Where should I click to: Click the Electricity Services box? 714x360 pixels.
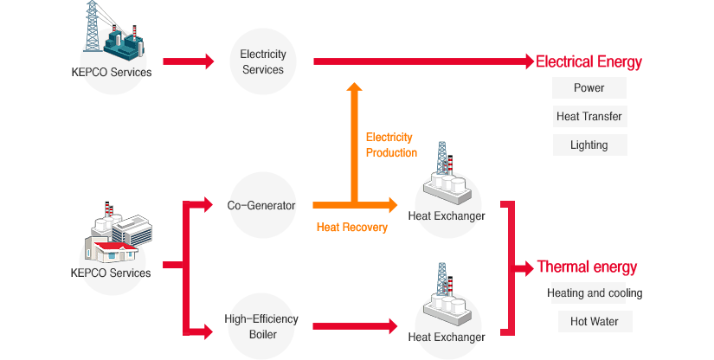coord(262,61)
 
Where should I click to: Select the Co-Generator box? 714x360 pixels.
coord(262,206)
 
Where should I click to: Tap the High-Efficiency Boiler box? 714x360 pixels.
coord(262,326)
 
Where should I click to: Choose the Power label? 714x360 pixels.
coord(589,87)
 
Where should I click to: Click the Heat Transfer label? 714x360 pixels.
coord(589,116)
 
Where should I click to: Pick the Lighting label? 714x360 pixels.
coord(589,145)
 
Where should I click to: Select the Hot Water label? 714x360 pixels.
coord(594,322)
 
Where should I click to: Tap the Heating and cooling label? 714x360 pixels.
coord(594,293)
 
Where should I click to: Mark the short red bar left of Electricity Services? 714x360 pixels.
coord(188,61)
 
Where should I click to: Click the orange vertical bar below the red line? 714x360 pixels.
coord(354,138)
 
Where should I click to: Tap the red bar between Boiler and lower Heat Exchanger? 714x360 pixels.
coord(354,326)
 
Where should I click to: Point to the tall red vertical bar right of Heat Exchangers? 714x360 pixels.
coord(508,268)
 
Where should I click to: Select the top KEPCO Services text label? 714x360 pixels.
coord(113,73)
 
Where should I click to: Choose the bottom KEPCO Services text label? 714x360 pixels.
coord(111,273)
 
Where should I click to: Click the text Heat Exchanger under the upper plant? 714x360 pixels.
coord(446,215)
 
